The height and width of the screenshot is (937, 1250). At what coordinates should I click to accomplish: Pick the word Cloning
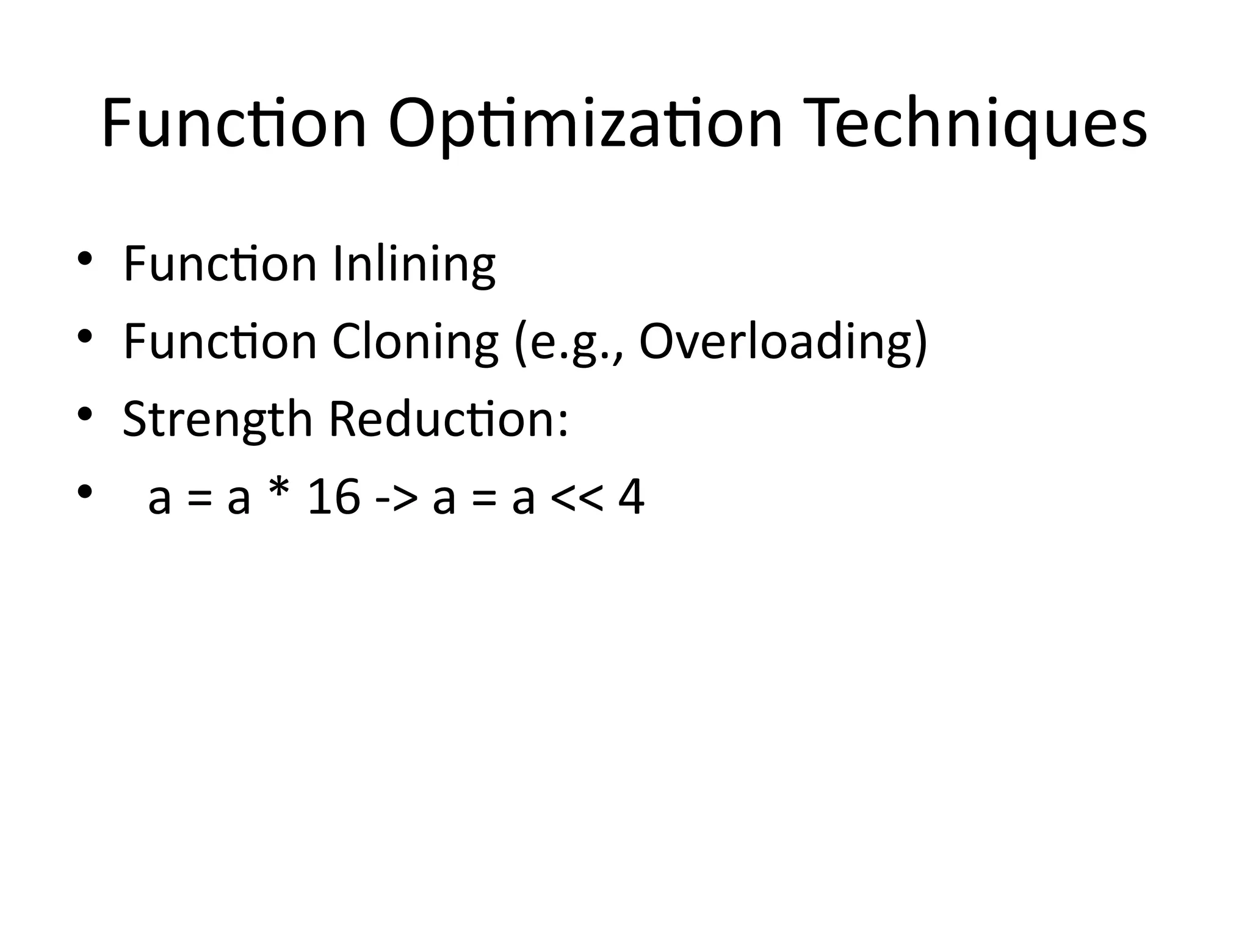coord(414,342)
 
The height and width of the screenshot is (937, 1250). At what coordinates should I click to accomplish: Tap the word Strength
coord(218,420)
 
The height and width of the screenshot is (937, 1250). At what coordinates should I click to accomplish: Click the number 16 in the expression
coord(334,497)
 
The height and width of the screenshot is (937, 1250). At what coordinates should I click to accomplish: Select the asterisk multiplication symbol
coord(278,493)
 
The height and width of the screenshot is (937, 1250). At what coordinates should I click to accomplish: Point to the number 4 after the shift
coord(631,497)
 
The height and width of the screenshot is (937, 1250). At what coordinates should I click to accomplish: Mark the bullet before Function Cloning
coord(84,336)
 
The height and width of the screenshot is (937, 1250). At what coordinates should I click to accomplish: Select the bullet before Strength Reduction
coord(84,414)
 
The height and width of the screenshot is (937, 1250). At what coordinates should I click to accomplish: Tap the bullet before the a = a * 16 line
coord(84,491)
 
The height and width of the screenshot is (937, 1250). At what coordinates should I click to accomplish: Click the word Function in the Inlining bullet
coord(220,264)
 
